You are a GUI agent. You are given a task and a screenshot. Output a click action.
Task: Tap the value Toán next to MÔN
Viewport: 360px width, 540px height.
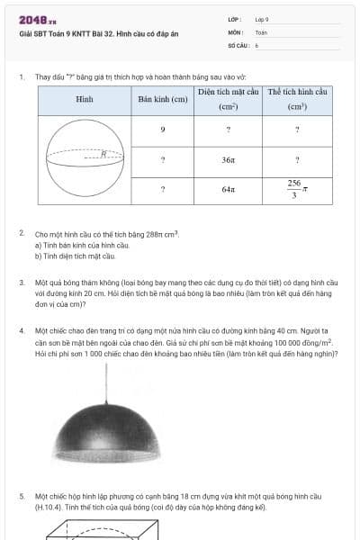(x=261, y=31)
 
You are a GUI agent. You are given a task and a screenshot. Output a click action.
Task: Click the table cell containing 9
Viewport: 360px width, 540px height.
(x=162, y=130)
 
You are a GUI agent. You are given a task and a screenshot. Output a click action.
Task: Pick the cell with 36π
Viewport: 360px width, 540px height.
(x=229, y=160)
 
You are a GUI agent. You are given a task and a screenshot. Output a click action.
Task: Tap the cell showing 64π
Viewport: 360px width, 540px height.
(x=229, y=190)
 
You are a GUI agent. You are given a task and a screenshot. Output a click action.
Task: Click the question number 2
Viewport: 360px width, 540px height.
(x=22, y=233)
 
